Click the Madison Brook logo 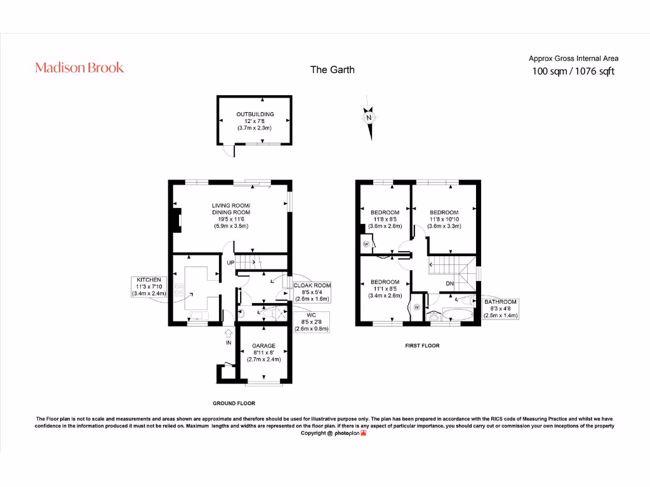pyautogui.click(x=79, y=67)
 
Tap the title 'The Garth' pyautogui.click(x=332, y=70)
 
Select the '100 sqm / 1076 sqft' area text pyautogui.click(x=573, y=71)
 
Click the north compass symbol pyautogui.click(x=368, y=118)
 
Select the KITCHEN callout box pyautogui.click(x=149, y=287)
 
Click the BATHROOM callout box pyautogui.click(x=501, y=308)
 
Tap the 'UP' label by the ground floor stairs pyautogui.click(x=231, y=263)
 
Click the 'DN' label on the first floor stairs pyautogui.click(x=449, y=283)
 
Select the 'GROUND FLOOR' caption pyautogui.click(x=234, y=403)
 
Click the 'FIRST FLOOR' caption pyautogui.click(x=422, y=346)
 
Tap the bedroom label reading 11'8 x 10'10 pyautogui.click(x=444, y=219)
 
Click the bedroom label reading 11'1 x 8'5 pyautogui.click(x=385, y=289)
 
